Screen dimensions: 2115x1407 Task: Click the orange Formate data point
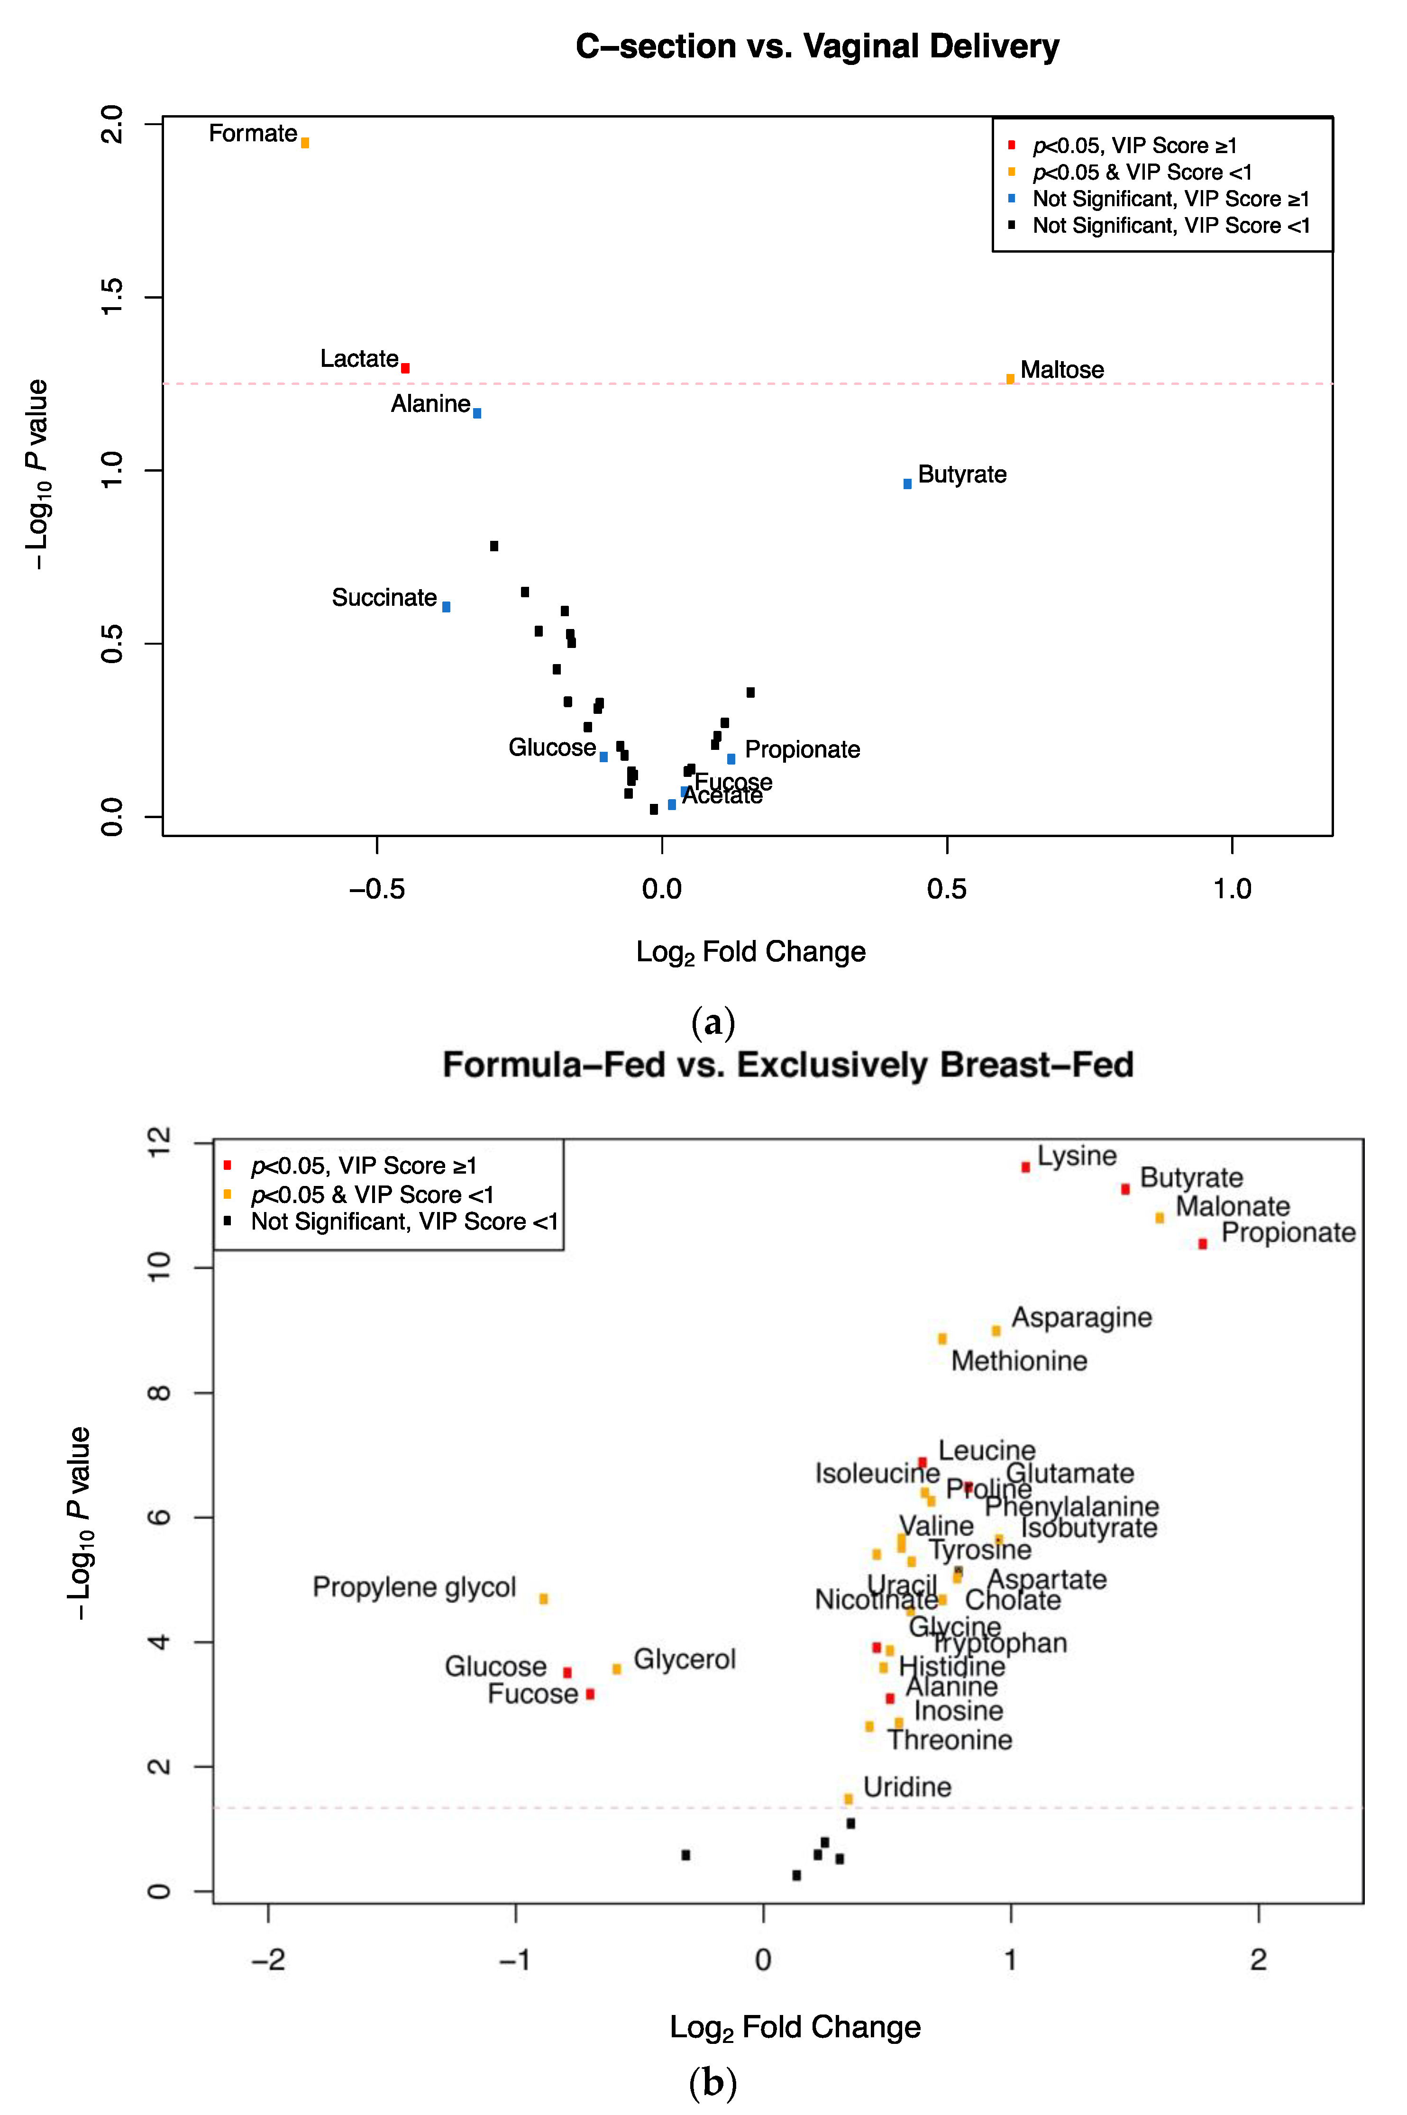click(x=305, y=143)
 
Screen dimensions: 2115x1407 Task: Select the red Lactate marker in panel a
click(x=406, y=368)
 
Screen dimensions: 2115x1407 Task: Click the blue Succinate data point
click(x=446, y=607)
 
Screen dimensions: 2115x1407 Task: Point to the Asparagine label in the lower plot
click(x=1081, y=1318)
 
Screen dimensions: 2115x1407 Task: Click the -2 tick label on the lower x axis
click(x=268, y=1960)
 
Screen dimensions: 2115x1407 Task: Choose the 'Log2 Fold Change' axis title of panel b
click(x=795, y=2028)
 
